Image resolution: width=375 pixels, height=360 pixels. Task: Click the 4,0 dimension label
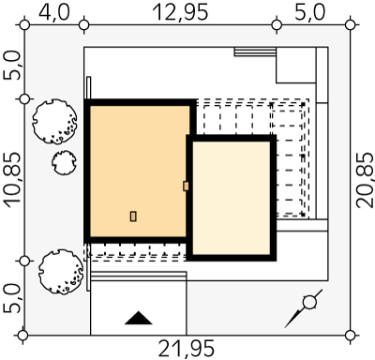(x=54, y=13)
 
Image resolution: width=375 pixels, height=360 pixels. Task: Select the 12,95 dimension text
(x=180, y=13)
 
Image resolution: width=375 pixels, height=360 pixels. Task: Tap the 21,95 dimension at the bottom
(x=187, y=349)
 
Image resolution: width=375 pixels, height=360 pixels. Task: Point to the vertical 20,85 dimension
(x=365, y=180)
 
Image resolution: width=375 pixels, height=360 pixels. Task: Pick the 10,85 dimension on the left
(x=12, y=180)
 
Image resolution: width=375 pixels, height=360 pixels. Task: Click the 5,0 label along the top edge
(x=310, y=13)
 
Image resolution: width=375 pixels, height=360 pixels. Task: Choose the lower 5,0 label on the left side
(x=12, y=298)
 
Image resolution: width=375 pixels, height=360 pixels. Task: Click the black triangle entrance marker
(x=139, y=318)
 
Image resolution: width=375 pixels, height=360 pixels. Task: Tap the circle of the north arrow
(x=309, y=302)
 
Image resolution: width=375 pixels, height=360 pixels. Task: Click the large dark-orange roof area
(x=140, y=171)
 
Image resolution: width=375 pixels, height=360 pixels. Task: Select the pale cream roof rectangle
(x=232, y=198)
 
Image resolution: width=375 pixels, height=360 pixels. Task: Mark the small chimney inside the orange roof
(x=133, y=217)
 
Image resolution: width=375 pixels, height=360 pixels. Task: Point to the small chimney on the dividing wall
(x=186, y=187)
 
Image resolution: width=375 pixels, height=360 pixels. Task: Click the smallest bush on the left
(x=64, y=162)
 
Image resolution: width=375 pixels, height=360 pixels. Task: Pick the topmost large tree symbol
(x=54, y=122)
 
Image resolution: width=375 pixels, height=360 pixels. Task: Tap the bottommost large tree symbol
(x=61, y=272)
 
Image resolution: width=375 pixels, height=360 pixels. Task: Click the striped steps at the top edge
(x=255, y=52)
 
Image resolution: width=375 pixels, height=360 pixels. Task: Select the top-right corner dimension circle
(x=351, y=24)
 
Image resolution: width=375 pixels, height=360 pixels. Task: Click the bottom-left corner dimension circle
(x=23, y=336)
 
